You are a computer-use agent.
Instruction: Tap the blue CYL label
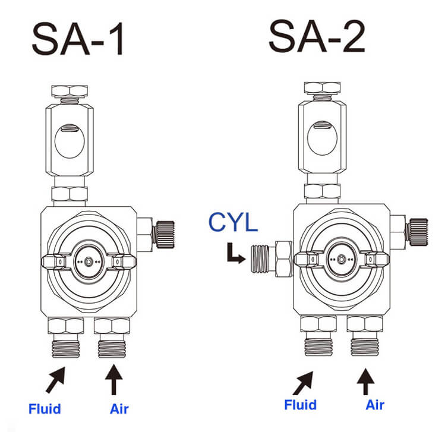[x=233, y=223]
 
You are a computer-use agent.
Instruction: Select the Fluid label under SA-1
[x=45, y=409]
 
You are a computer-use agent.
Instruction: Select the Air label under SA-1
[x=119, y=409]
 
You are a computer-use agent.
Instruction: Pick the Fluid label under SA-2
[x=300, y=405]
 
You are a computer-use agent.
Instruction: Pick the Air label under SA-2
[x=374, y=405]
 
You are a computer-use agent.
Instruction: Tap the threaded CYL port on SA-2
[x=261, y=259]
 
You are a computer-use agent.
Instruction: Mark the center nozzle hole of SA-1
[x=89, y=261]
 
